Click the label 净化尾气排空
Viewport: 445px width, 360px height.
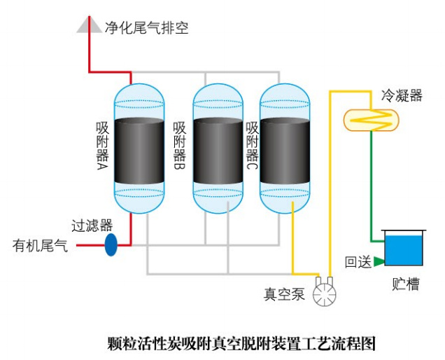tap(146, 28)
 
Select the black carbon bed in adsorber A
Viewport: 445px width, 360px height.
tap(138, 151)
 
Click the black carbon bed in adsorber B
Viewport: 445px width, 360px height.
tap(218, 151)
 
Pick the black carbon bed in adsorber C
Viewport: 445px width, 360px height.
tap(284, 151)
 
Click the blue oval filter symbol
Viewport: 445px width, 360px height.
tap(111, 245)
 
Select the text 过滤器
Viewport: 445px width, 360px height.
tap(92, 226)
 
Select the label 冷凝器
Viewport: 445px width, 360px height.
tap(402, 95)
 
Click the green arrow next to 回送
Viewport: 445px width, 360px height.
tap(379, 261)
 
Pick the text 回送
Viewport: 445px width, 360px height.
tap(358, 263)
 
